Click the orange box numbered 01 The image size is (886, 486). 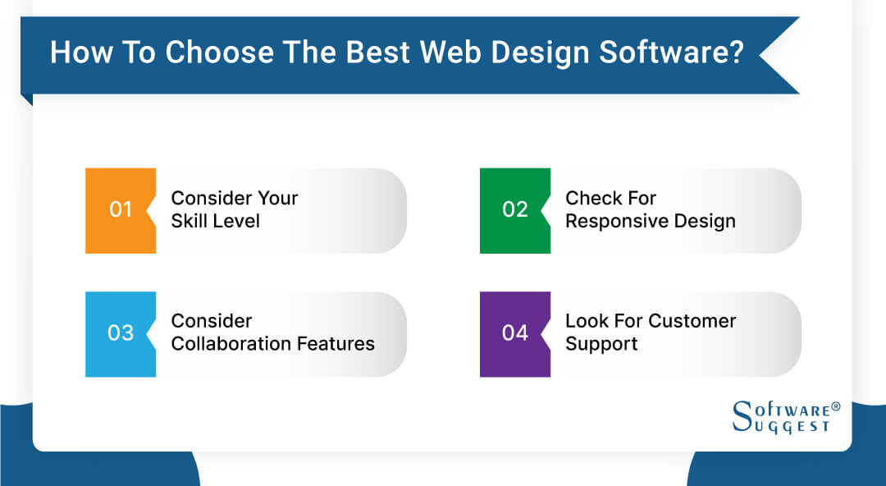pos(121,210)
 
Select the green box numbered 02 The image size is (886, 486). pos(515,210)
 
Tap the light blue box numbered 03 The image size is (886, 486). pos(121,333)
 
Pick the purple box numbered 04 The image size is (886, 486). pos(515,333)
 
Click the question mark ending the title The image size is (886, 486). pos(736,52)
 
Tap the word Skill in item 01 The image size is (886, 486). pos(191,221)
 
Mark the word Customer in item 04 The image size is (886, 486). pos(692,321)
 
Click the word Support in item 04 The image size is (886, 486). pos(601,344)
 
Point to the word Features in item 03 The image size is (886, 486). pos(336,344)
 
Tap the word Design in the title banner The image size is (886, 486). pos(531,52)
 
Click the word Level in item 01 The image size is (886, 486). pos(237,221)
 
